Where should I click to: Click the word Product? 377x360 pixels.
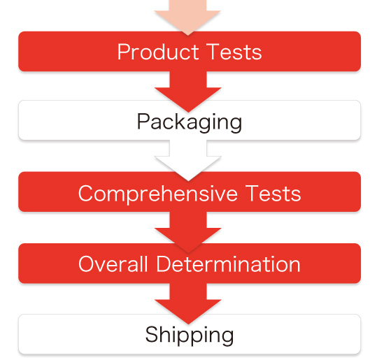pyautogui.click(x=158, y=52)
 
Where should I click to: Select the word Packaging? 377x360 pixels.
pyautogui.click(x=190, y=122)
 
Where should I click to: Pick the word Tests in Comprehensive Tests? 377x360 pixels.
pyautogui.click(x=273, y=193)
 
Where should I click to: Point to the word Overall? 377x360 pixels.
pyautogui.click(x=113, y=264)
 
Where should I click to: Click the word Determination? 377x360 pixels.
pyautogui.click(x=228, y=264)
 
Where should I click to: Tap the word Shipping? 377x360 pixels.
pyautogui.click(x=190, y=336)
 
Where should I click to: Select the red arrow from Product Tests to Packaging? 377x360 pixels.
pyautogui.click(x=187, y=92)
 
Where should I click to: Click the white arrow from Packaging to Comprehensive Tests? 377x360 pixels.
pyautogui.click(x=188, y=160)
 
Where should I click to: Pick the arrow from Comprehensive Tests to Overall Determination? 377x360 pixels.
pyautogui.click(x=188, y=232)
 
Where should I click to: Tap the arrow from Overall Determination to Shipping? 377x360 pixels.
pyautogui.click(x=188, y=303)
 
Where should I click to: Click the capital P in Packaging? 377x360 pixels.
pyautogui.click(x=143, y=121)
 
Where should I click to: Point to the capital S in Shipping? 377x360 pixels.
pyautogui.click(x=152, y=334)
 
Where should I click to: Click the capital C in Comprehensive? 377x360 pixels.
pyautogui.click(x=86, y=194)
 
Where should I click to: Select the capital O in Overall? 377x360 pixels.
pyautogui.click(x=87, y=264)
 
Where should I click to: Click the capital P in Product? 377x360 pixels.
pyautogui.click(x=124, y=52)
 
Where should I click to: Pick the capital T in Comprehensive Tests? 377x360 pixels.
pyautogui.click(x=252, y=193)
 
